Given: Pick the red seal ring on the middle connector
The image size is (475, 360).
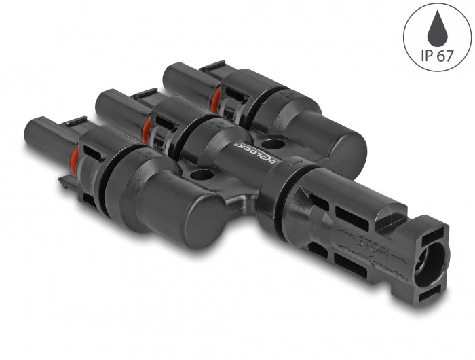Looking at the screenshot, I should point(147,127).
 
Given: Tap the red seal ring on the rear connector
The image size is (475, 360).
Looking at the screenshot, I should point(215,100).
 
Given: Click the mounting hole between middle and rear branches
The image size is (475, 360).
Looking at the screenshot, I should point(273,143).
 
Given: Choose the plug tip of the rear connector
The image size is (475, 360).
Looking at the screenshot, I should point(173,74).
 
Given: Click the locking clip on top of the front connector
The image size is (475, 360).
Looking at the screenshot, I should point(73,124).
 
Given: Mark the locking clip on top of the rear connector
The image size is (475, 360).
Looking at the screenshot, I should point(210,68).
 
